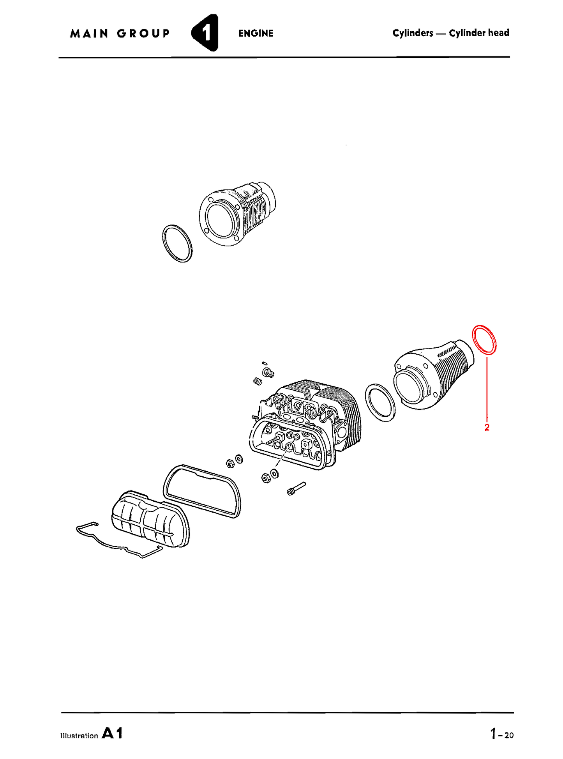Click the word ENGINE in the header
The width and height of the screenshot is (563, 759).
(x=256, y=34)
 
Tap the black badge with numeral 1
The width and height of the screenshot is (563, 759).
(x=205, y=33)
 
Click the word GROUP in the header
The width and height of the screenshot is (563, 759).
(x=143, y=34)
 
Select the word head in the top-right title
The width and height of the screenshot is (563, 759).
(x=498, y=33)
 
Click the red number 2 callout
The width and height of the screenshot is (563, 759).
(x=487, y=427)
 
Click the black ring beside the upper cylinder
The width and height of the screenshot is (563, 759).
(x=177, y=243)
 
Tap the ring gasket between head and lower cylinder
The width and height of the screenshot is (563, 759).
(x=380, y=403)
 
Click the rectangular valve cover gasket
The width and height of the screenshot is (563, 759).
(x=202, y=491)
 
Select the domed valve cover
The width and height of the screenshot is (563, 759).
(x=150, y=518)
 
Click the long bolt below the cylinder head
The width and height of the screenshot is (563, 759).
(x=296, y=488)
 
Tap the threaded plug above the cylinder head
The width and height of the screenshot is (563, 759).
(x=268, y=373)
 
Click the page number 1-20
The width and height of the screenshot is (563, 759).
(x=501, y=734)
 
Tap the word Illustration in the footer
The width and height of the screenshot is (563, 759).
(x=79, y=736)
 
